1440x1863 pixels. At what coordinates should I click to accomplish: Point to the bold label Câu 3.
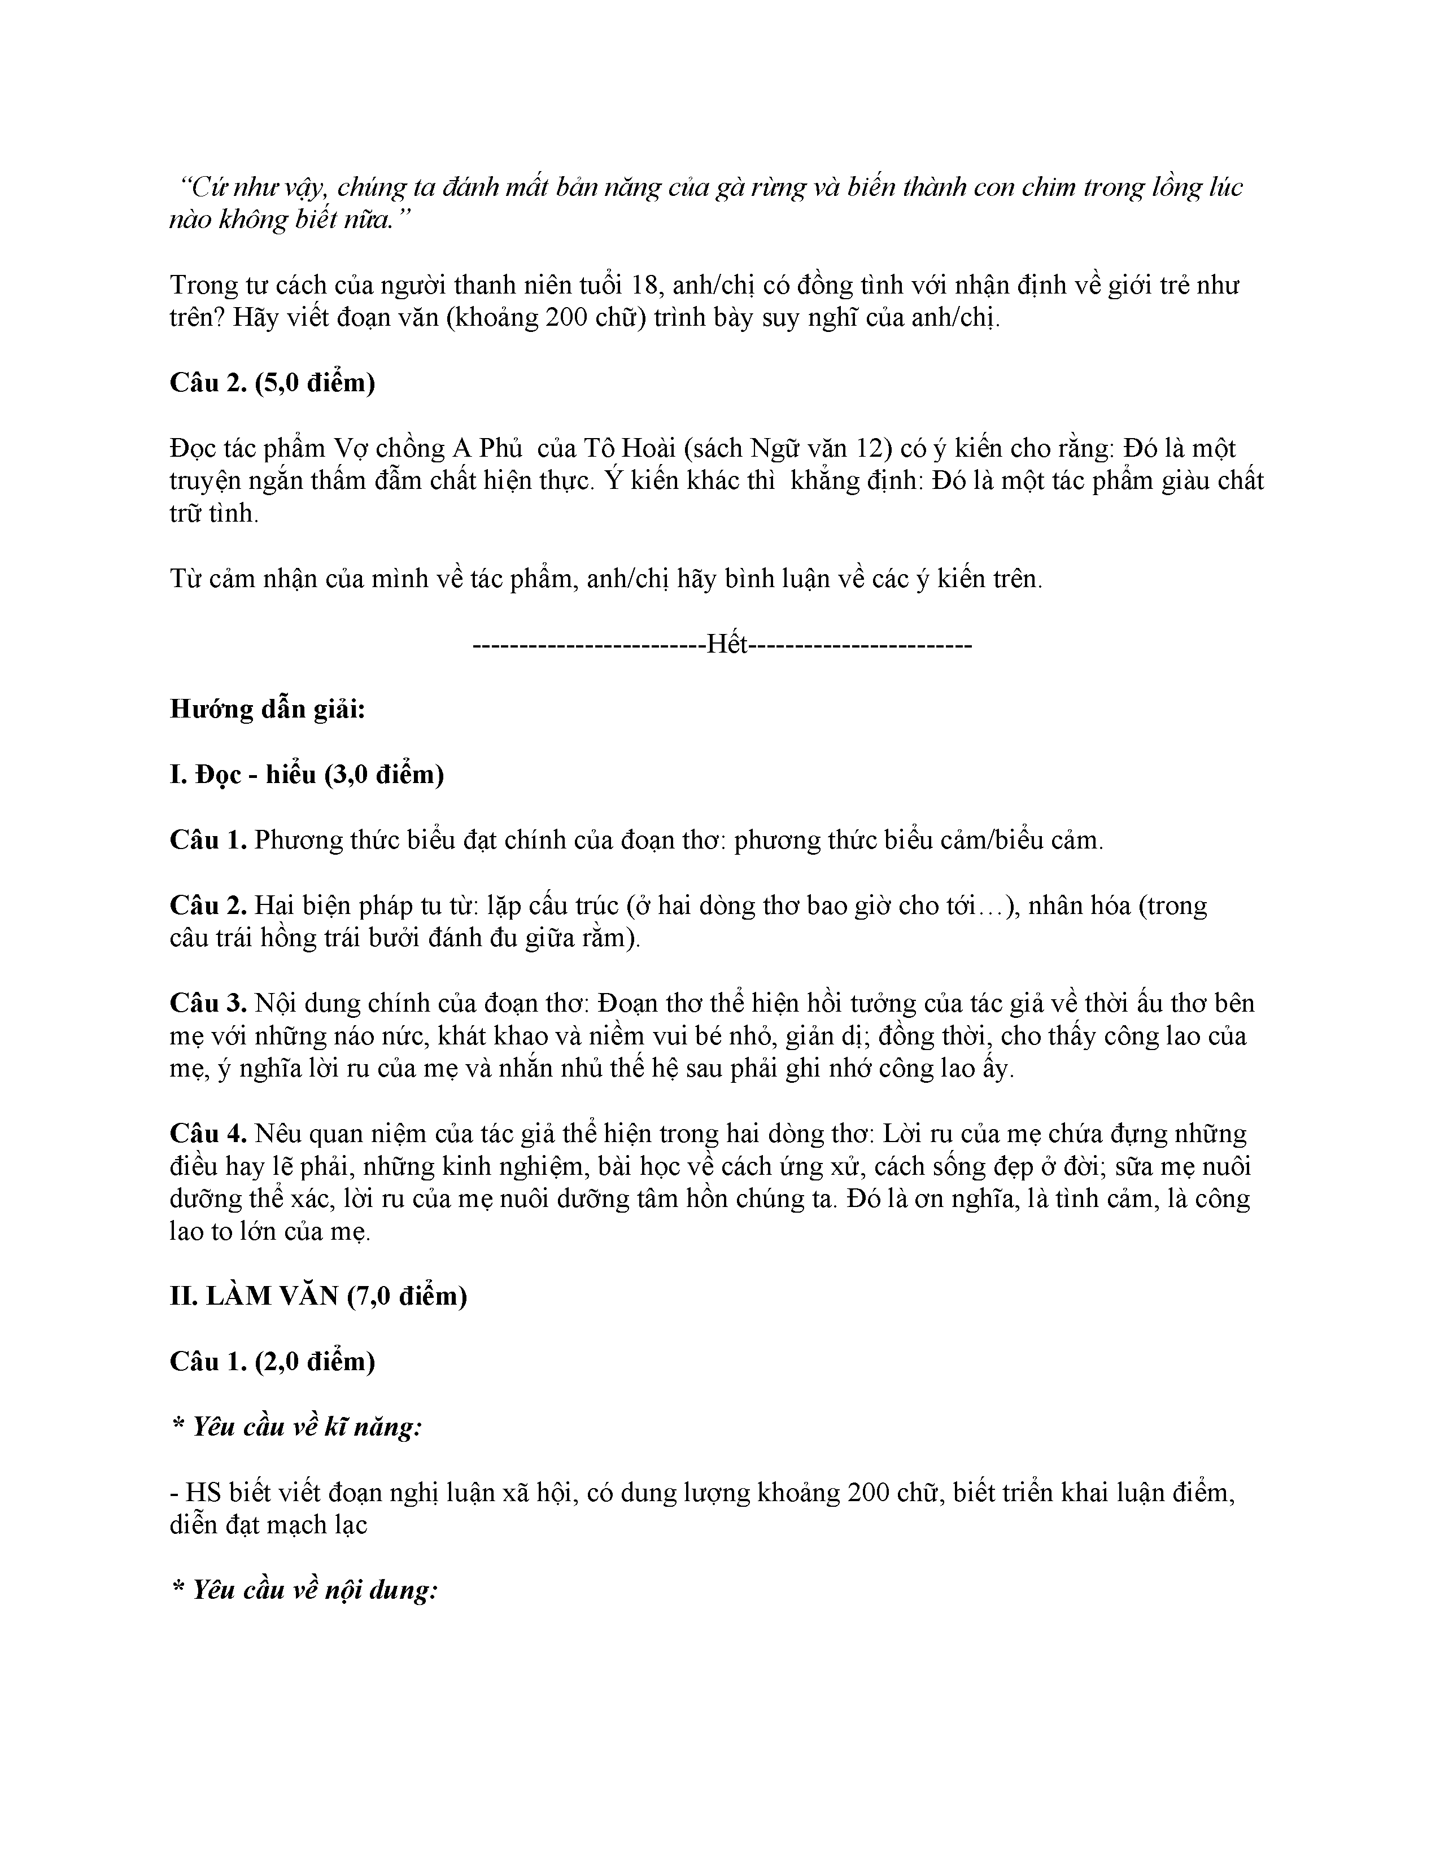coord(208,1003)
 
